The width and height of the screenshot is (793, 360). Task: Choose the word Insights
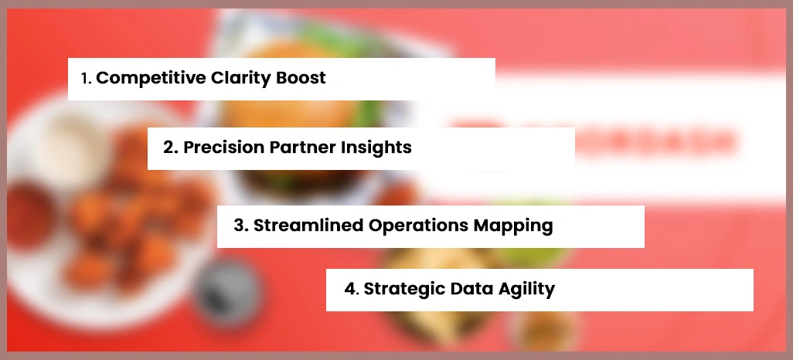[376, 148]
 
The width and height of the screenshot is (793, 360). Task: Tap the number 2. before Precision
[170, 148]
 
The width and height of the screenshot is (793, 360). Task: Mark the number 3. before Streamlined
[240, 226]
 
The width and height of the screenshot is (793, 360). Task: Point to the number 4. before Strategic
[351, 289]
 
